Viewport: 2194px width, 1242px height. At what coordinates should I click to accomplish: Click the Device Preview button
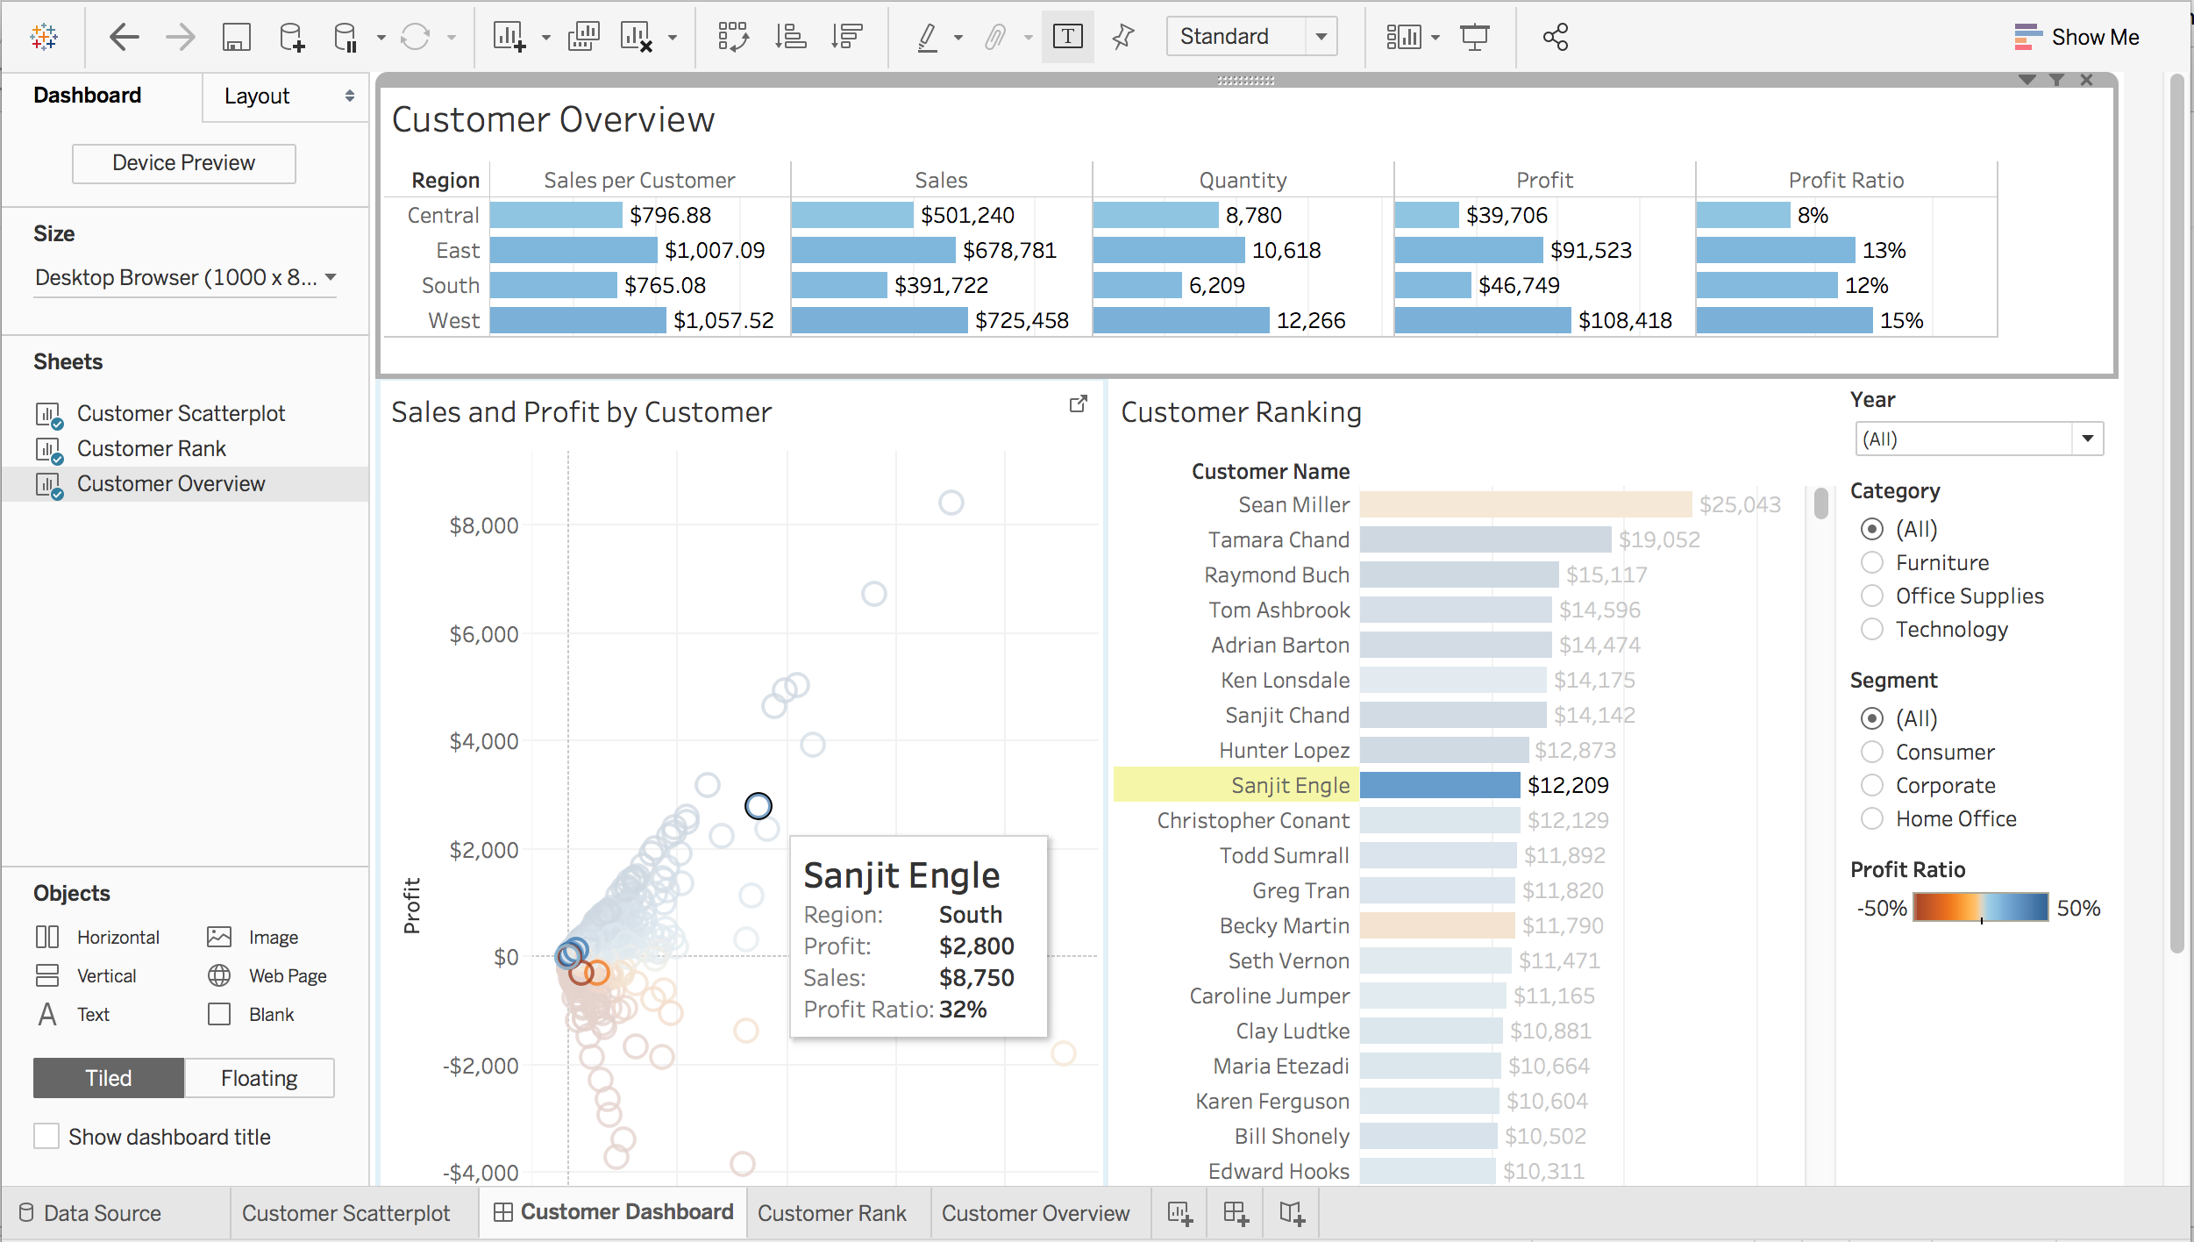183,163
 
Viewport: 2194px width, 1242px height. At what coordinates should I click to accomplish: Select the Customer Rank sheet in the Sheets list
151,448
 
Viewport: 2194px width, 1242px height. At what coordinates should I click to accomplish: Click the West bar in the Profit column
1482,320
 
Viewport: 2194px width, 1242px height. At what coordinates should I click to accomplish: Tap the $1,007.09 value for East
714,251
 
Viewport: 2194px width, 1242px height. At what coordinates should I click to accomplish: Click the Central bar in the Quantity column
1155,215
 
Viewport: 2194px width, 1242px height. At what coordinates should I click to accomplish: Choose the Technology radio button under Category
1872,630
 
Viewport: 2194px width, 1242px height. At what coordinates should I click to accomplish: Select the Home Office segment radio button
1872,819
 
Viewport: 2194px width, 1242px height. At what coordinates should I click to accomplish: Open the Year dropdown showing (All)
1978,439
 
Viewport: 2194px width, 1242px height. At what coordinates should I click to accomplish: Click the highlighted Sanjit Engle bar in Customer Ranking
1439,785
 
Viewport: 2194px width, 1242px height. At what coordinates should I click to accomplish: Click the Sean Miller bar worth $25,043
1525,504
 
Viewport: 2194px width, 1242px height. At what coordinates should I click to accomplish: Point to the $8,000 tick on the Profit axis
484,525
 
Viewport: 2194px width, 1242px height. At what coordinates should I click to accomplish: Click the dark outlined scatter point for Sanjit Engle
759,805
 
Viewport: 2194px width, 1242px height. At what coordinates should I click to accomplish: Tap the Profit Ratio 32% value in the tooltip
962,1010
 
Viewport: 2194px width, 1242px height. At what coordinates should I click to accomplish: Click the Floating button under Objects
259,1078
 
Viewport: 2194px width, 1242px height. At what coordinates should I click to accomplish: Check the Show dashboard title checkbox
46,1137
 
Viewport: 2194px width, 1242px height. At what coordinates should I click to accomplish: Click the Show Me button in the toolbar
2077,37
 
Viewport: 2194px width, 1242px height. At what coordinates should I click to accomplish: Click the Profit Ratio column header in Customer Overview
1845,180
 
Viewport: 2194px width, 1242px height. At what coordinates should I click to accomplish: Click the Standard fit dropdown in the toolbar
1250,37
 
